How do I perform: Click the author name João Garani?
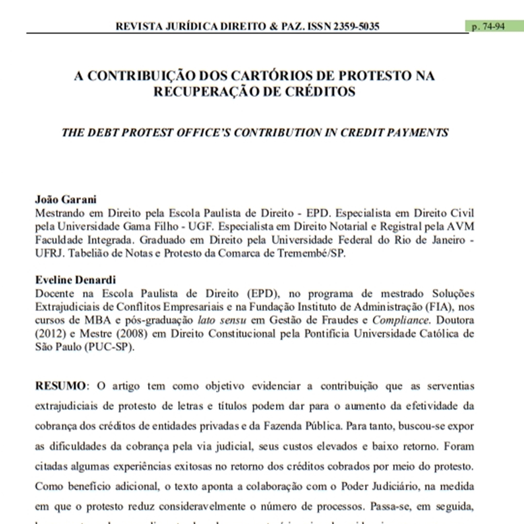click(59, 199)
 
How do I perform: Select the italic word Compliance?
click(401, 320)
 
